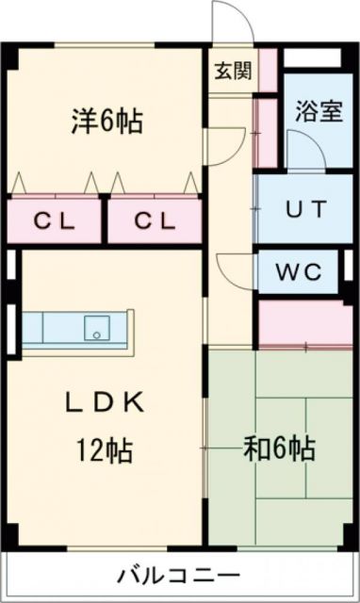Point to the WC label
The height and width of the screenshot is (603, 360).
(301, 272)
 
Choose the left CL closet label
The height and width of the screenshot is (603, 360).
(53, 222)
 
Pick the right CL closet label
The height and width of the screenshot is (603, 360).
(154, 222)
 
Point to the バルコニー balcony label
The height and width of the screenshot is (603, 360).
(180, 575)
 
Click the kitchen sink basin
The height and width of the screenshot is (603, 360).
(97, 329)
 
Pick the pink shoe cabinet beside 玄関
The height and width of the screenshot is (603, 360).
(268, 67)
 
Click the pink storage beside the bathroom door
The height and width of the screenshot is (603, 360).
(263, 132)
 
